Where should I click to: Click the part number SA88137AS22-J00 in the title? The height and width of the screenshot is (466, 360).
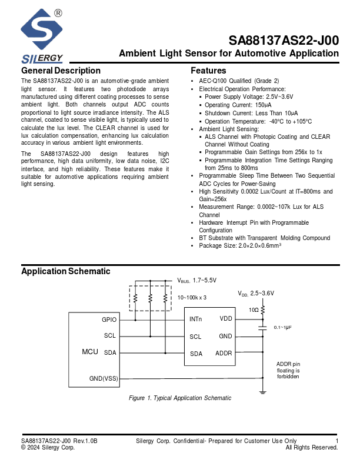(x=284, y=41)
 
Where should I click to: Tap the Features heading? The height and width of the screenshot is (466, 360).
(x=208, y=71)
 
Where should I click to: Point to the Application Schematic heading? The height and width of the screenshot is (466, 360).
(x=65, y=271)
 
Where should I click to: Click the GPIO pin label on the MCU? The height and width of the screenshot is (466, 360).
(x=109, y=320)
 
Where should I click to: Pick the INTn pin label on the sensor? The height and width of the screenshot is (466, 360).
(x=196, y=319)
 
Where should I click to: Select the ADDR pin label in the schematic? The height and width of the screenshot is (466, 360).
(x=224, y=354)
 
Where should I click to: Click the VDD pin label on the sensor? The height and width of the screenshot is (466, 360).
(x=226, y=319)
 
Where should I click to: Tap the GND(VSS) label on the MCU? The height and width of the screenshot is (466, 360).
(x=104, y=378)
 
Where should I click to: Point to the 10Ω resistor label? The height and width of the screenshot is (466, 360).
(x=254, y=309)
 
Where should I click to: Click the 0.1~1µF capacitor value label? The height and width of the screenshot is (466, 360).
(x=282, y=327)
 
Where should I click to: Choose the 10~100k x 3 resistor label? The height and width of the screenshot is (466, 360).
(x=192, y=298)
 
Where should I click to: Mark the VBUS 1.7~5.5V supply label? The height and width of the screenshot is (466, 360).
(x=197, y=281)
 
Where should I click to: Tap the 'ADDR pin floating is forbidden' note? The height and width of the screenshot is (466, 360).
(x=288, y=370)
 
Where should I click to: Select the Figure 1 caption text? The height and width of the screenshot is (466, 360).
(x=180, y=398)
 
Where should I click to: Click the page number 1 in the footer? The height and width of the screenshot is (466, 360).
(x=337, y=441)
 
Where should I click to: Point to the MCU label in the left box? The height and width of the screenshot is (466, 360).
(x=89, y=351)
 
